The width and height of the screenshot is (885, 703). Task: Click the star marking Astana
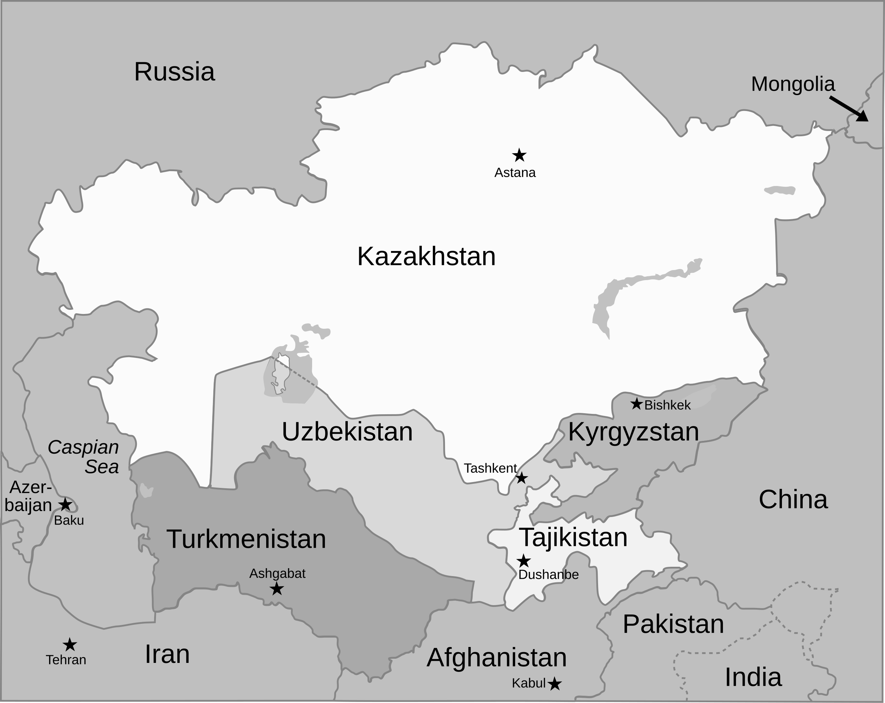[519, 155]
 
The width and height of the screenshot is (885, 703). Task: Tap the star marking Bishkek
[636, 404]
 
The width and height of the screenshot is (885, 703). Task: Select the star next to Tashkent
[521, 478]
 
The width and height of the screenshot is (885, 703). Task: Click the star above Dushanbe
[523, 561]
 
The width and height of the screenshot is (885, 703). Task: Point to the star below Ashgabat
[277, 589]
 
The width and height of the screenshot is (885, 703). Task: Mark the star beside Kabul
[555, 684]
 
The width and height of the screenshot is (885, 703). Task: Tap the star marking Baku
[66, 504]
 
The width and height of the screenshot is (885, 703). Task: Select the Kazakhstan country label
[427, 257]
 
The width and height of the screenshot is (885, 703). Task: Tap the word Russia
[175, 72]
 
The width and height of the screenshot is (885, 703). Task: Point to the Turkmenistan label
[246, 539]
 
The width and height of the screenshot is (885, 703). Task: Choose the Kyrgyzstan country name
[633, 432]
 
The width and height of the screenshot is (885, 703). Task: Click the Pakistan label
[673, 624]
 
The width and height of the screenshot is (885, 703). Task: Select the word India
[753, 677]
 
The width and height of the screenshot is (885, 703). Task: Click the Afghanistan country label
[497, 657]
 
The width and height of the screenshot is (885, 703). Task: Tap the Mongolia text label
[793, 84]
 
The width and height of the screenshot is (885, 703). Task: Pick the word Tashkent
[490, 468]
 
